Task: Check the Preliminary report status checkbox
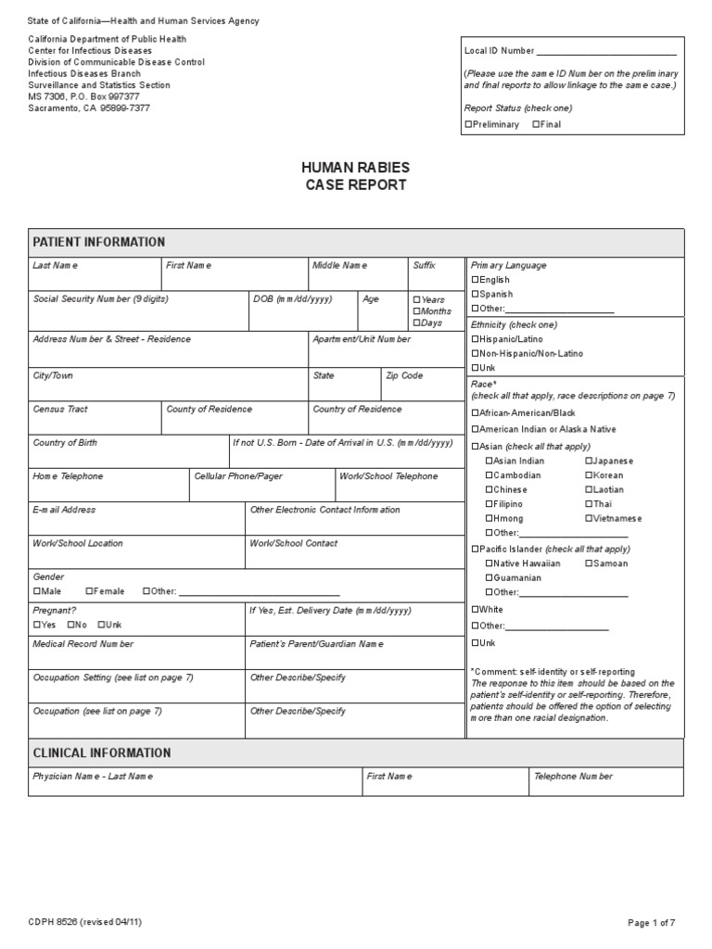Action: pyautogui.click(x=467, y=125)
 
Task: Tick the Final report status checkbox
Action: pyautogui.click(x=536, y=125)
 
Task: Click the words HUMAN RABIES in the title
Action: pyautogui.click(x=355, y=168)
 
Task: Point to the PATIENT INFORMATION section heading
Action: pyautogui.click(x=99, y=242)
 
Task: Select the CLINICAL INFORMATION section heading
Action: pyautogui.click(x=102, y=753)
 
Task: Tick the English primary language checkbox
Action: pyautogui.click(x=476, y=280)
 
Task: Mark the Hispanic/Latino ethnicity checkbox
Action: pyautogui.click(x=476, y=339)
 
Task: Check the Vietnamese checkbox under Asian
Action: pyautogui.click(x=589, y=519)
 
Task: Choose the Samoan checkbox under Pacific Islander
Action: pyautogui.click(x=589, y=563)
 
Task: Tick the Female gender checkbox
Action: pyautogui.click(x=90, y=591)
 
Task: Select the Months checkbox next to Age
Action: pyautogui.click(x=416, y=311)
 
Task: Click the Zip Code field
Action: pyautogui.click(x=422, y=389)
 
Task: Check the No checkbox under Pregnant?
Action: pyautogui.click(x=70, y=626)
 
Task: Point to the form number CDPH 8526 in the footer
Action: pyautogui.click(x=84, y=922)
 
